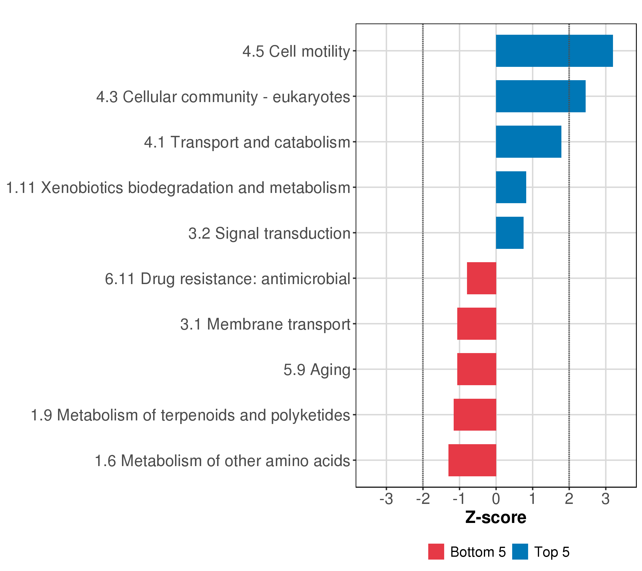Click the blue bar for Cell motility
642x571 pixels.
click(x=554, y=51)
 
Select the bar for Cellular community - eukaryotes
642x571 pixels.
click(x=540, y=96)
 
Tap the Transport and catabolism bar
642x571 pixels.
click(x=528, y=142)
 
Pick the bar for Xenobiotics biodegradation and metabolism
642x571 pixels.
click(x=511, y=187)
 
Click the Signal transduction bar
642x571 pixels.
click(x=510, y=233)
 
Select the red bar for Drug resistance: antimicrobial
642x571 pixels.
click(x=481, y=278)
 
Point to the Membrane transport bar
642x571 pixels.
click(x=477, y=324)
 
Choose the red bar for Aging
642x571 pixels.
click(x=477, y=369)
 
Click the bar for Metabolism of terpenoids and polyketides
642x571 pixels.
click(x=475, y=415)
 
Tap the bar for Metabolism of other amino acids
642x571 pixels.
click(x=472, y=460)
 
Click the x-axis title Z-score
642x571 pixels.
click(x=496, y=517)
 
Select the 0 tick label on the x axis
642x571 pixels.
click(x=496, y=499)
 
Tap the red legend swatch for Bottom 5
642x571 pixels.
click(x=436, y=552)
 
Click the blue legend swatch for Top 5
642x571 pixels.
click(x=520, y=552)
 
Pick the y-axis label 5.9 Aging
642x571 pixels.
click(x=317, y=369)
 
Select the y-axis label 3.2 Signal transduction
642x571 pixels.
click(x=269, y=233)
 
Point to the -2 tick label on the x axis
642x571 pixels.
click(x=423, y=499)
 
